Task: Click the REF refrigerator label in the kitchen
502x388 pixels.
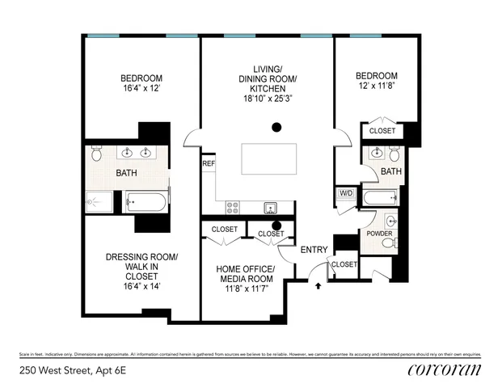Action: [x=209, y=162]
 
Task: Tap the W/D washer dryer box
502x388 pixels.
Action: [x=346, y=193]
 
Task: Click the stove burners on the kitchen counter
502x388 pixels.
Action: [x=232, y=207]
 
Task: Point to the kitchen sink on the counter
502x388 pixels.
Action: [x=271, y=208]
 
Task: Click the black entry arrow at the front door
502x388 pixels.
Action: [x=318, y=284]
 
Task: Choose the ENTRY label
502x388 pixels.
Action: [x=314, y=249]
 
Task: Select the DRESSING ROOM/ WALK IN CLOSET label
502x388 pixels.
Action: [x=141, y=271]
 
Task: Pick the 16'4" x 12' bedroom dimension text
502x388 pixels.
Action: [x=141, y=90]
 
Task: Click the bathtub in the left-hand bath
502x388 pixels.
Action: [x=146, y=200]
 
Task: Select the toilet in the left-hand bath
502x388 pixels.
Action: [x=96, y=154]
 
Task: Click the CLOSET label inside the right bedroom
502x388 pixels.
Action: [x=382, y=131]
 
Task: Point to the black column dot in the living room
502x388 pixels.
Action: [x=276, y=126]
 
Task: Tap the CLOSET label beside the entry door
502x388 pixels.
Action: [x=344, y=264]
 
